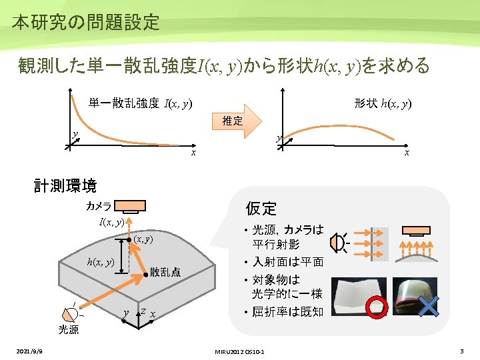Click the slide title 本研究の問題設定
pyautogui.click(x=85, y=22)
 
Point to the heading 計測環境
pyautogui.click(x=65, y=185)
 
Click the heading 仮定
pyautogui.click(x=261, y=208)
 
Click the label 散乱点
pyautogui.click(x=165, y=272)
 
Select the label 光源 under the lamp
pyautogui.click(x=68, y=329)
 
